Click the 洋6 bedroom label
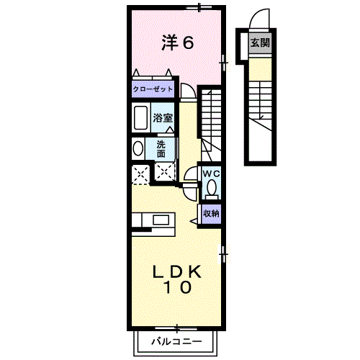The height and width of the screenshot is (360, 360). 177,43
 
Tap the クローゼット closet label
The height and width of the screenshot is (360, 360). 152,89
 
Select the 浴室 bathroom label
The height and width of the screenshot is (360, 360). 163,117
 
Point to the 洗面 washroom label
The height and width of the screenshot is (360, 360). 161,148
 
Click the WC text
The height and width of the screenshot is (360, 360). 210,174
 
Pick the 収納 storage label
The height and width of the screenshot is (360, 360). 210,213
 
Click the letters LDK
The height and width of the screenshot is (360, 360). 176,272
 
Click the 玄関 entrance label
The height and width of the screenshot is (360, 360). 260,42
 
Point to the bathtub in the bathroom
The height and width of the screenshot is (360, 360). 140,117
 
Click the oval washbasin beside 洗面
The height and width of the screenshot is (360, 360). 138,148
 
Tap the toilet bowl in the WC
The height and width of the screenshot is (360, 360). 211,189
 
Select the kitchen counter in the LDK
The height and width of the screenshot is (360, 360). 151,220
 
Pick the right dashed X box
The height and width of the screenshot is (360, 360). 165,173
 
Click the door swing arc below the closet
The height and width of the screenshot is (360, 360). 186,91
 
